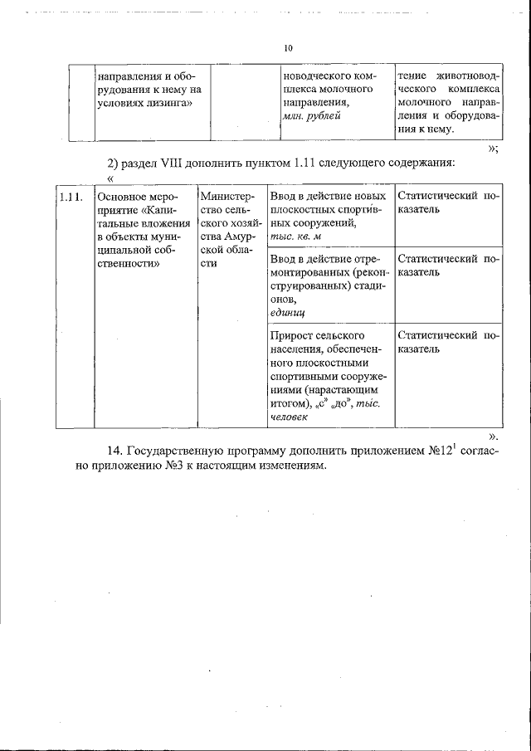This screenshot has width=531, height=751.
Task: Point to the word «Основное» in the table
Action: (x=123, y=197)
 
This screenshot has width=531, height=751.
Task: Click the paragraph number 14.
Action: (x=116, y=450)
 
